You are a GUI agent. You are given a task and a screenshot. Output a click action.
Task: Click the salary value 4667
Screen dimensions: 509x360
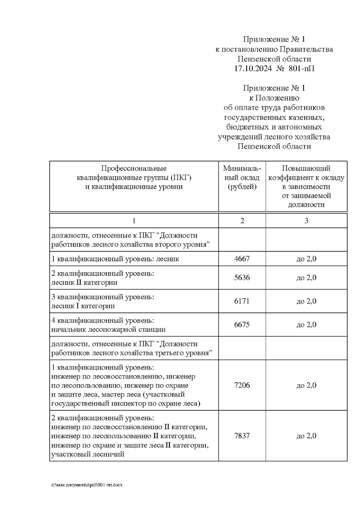pos(242,259)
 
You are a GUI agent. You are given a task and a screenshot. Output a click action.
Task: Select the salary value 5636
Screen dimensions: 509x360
pos(242,278)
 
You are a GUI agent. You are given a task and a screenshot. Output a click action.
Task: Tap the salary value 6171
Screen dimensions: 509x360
pos(242,301)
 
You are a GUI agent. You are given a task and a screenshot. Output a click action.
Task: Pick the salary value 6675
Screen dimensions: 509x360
pos(242,325)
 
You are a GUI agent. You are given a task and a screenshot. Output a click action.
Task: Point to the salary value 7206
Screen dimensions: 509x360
pos(242,385)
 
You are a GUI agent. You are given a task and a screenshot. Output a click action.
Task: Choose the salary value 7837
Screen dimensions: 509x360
pos(242,436)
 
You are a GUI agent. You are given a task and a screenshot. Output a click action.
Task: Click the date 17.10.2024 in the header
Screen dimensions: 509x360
pos(253,69)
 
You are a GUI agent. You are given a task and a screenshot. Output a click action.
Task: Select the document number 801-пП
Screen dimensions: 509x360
pos(301,69)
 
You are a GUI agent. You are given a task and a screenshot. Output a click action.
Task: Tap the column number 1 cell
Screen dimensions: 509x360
pos(134,221)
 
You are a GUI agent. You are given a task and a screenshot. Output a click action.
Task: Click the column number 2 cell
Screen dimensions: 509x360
pos(242,221)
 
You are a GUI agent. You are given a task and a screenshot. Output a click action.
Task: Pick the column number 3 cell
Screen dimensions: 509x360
pos(306,221)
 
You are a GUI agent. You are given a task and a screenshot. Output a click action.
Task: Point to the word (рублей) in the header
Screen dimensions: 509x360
pos(242,187)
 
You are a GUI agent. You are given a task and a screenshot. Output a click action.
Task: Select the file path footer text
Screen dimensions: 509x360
pos(87,485)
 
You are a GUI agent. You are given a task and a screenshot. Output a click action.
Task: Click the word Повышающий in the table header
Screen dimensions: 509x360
pos(306,168)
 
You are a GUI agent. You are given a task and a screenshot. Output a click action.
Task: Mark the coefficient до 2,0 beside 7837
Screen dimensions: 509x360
pos(306,436)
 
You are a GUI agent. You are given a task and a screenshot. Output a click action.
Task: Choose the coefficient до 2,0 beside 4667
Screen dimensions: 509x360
pos(306,259)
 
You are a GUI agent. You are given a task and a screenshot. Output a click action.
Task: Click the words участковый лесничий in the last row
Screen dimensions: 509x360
pos(88,454)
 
